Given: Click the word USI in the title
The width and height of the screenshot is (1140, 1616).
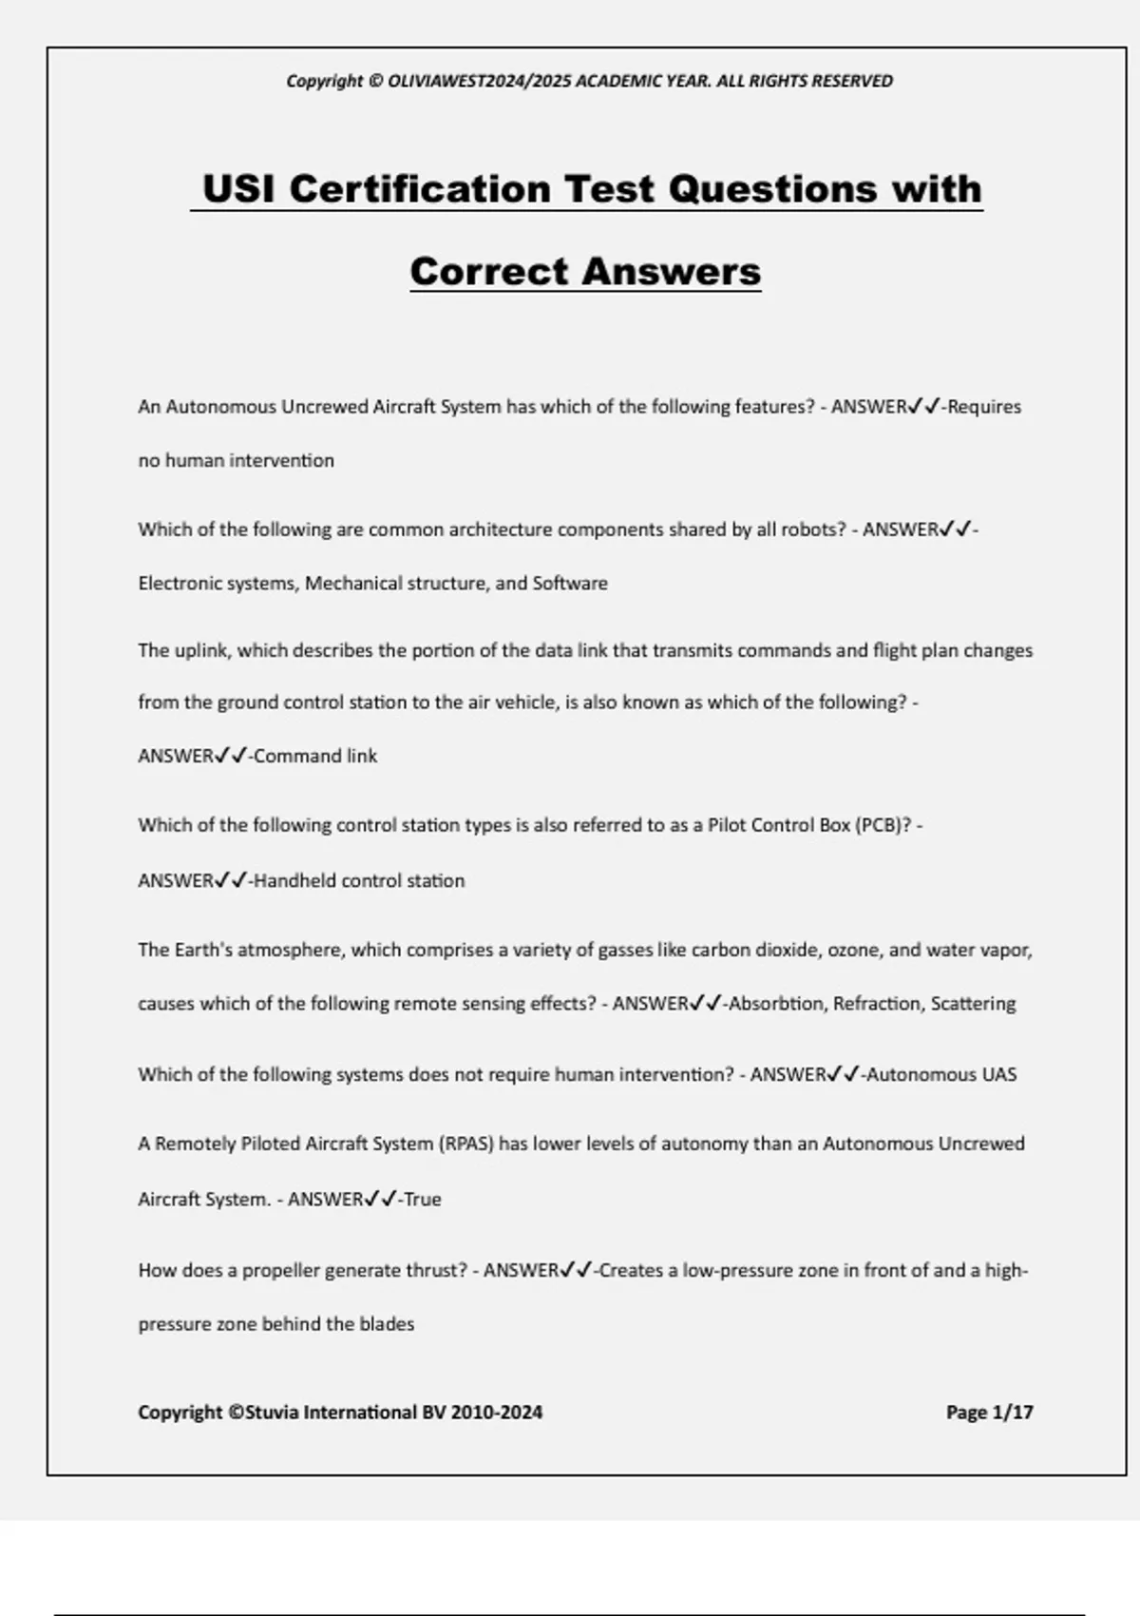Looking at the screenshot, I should [x=238, y=188].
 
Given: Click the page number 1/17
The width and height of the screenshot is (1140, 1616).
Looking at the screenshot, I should [x=1012, y=1413].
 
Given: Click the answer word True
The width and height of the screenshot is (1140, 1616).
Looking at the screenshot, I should [x=422, y=1200].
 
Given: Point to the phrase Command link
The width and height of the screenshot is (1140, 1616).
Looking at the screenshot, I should [x=315, y=757].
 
